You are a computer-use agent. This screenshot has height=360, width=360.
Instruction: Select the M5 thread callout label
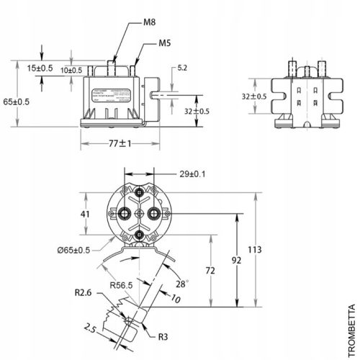point(165,44)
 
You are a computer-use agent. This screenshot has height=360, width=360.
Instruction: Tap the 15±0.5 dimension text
point(40,68)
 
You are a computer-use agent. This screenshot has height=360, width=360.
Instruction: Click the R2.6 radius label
point(81,293)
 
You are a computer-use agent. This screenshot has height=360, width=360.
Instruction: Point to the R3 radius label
point(163,335)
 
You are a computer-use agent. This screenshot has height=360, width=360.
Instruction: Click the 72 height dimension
point(211,270)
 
